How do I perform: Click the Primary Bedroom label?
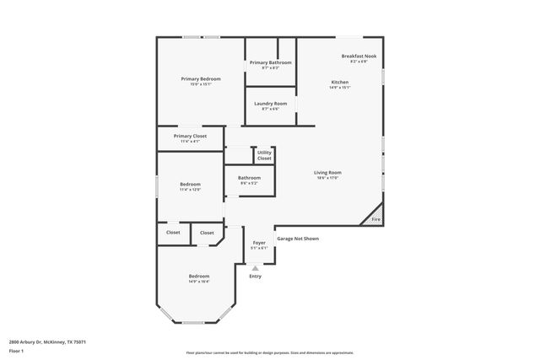click(201, 79)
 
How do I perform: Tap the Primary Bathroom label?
click(271, 63)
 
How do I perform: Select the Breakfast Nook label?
click(359, 56)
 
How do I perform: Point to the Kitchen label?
click(339, 82)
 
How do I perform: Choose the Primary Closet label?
click(190, 136)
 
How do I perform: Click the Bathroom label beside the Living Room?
click(249, 178)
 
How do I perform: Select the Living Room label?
click(329, 173)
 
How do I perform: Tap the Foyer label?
click(259, 243)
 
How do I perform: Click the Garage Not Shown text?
click(298, 239)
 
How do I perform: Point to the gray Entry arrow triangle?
click(255, 268)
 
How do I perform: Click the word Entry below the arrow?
click(255, 276)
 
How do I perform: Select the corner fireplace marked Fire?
click(376, 219)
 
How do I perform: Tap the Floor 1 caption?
click(17, 350)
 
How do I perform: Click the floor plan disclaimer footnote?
click(270, 352)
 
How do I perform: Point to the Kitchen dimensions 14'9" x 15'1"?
click(339, 87)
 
